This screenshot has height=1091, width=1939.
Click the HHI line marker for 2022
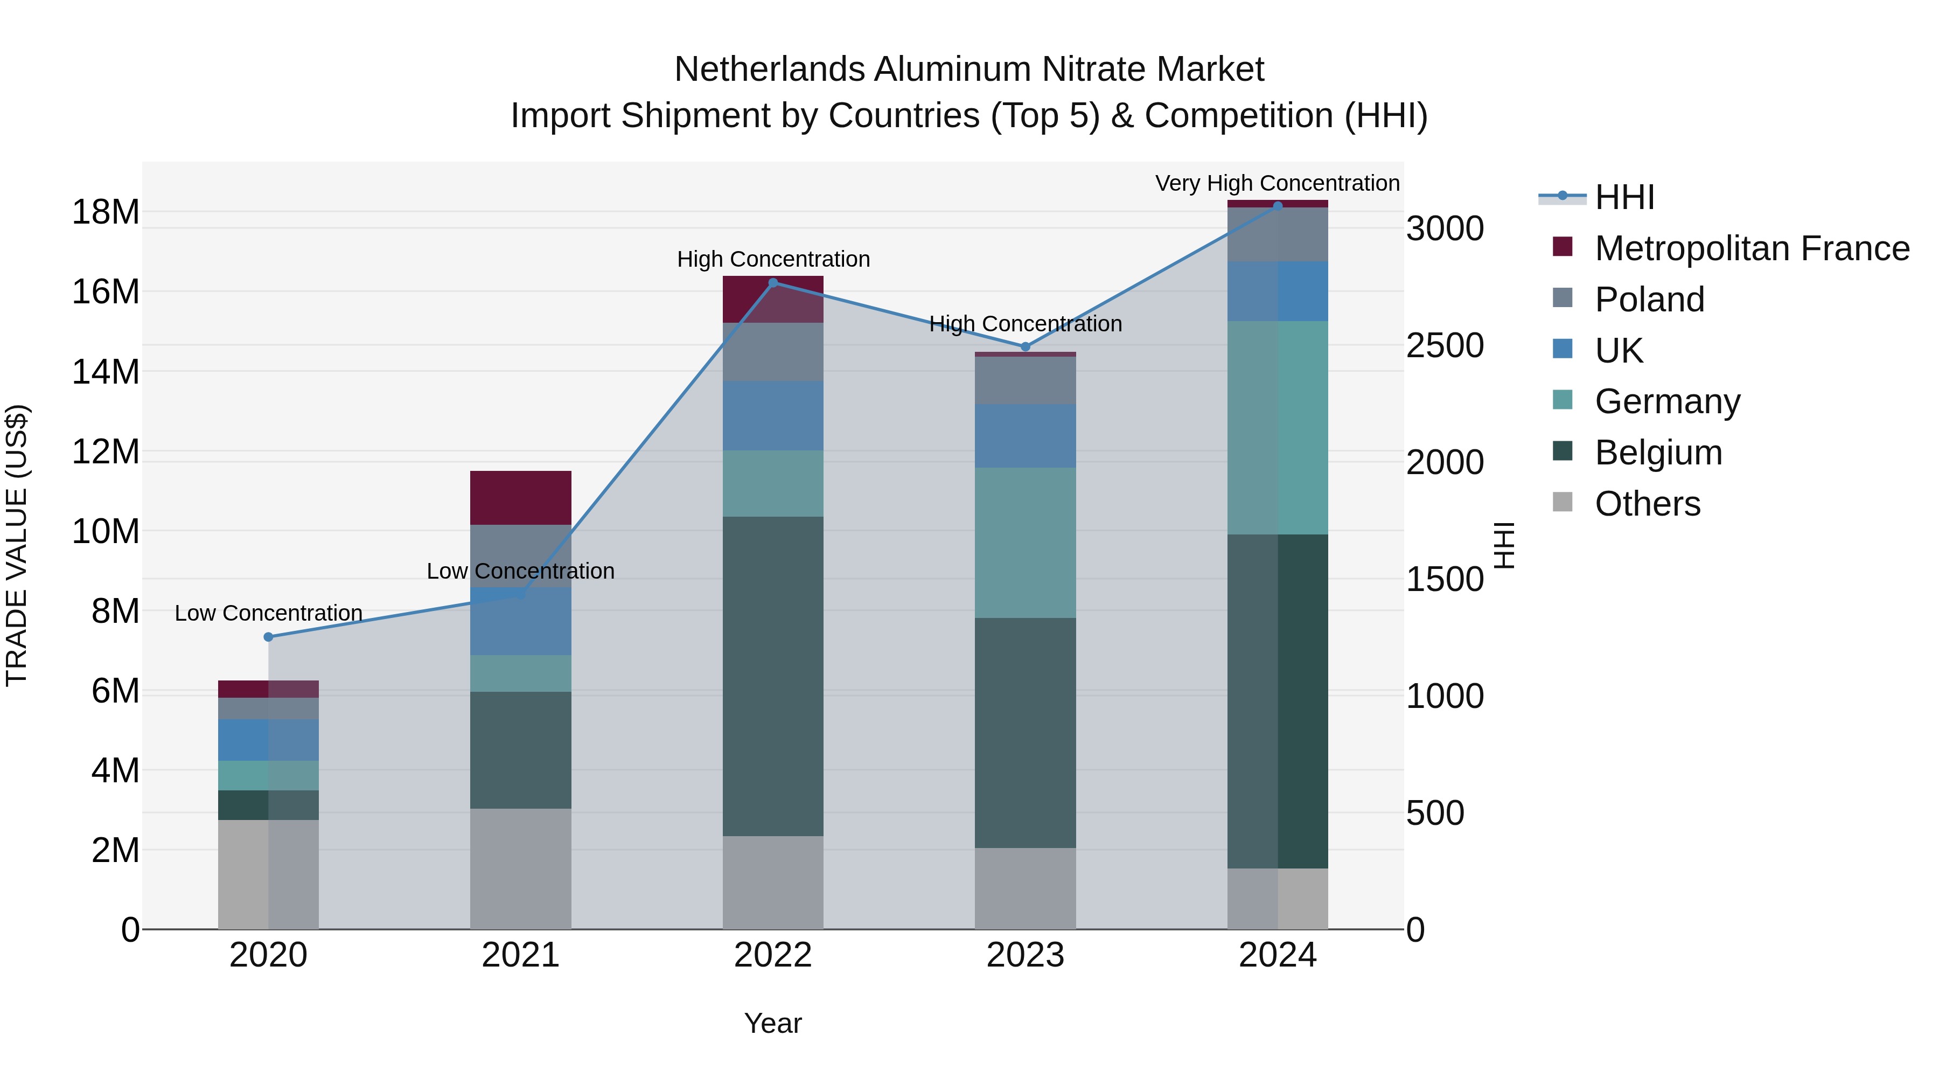pos(773,283)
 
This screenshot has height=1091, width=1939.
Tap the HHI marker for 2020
pos(268,637)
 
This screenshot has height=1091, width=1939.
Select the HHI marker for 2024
pos(1278,206)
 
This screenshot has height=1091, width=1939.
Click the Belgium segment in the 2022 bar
pos(773,676)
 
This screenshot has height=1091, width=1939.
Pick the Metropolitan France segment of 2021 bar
pos(520,498)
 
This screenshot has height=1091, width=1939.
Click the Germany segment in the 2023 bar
pos(1025,543)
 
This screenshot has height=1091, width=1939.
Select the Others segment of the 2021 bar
pos(520,869)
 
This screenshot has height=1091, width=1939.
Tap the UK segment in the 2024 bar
pos(1278,291)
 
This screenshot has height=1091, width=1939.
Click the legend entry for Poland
pos(1649,300)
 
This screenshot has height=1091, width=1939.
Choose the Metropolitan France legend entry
pos(1751,248)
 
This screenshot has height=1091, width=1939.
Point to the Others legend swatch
pos(1563,502)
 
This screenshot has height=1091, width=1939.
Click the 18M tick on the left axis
pos(106,212)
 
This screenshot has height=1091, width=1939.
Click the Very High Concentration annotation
pos(1278,184)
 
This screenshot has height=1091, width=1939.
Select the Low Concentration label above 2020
pos(268,614)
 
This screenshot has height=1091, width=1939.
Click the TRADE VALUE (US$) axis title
pos(17,545)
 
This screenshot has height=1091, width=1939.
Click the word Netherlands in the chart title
pos(769,70)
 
